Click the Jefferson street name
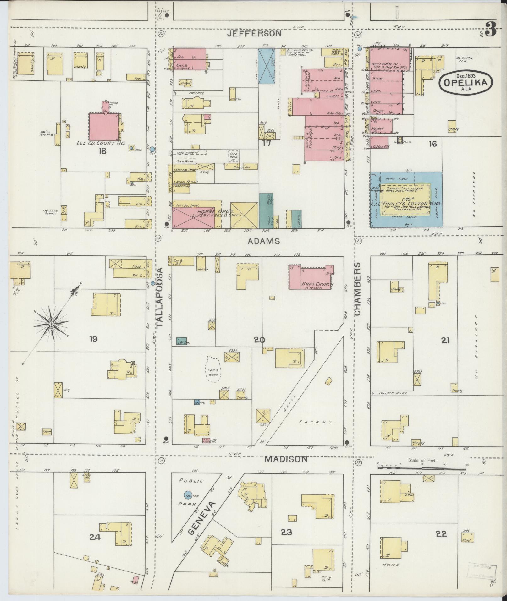tap(254, 33)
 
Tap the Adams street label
tap(259, 241)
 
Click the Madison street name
tap(286, 459)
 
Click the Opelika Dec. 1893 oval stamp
tap(466, 81)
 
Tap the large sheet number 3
tap(490, 30)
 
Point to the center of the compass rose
tap(51, 324)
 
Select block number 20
tap(260, 340)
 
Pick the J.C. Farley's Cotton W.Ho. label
tap(411, 204)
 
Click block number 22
tap(441, 533)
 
